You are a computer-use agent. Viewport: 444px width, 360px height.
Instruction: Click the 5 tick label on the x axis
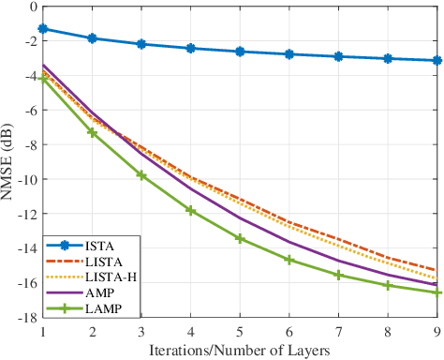pyautogui.click(x=240, y=330)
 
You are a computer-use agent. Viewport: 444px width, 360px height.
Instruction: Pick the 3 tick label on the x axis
pyautogui.click(x=141, y=330)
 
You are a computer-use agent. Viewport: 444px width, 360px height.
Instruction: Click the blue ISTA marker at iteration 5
pyautogui.click(x=240, y=52)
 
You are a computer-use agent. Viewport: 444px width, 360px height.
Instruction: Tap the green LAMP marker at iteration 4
pyautogui.click(x=191, y=211)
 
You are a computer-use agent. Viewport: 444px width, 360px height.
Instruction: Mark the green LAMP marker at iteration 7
pyautogui.click(x=338, y=275)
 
